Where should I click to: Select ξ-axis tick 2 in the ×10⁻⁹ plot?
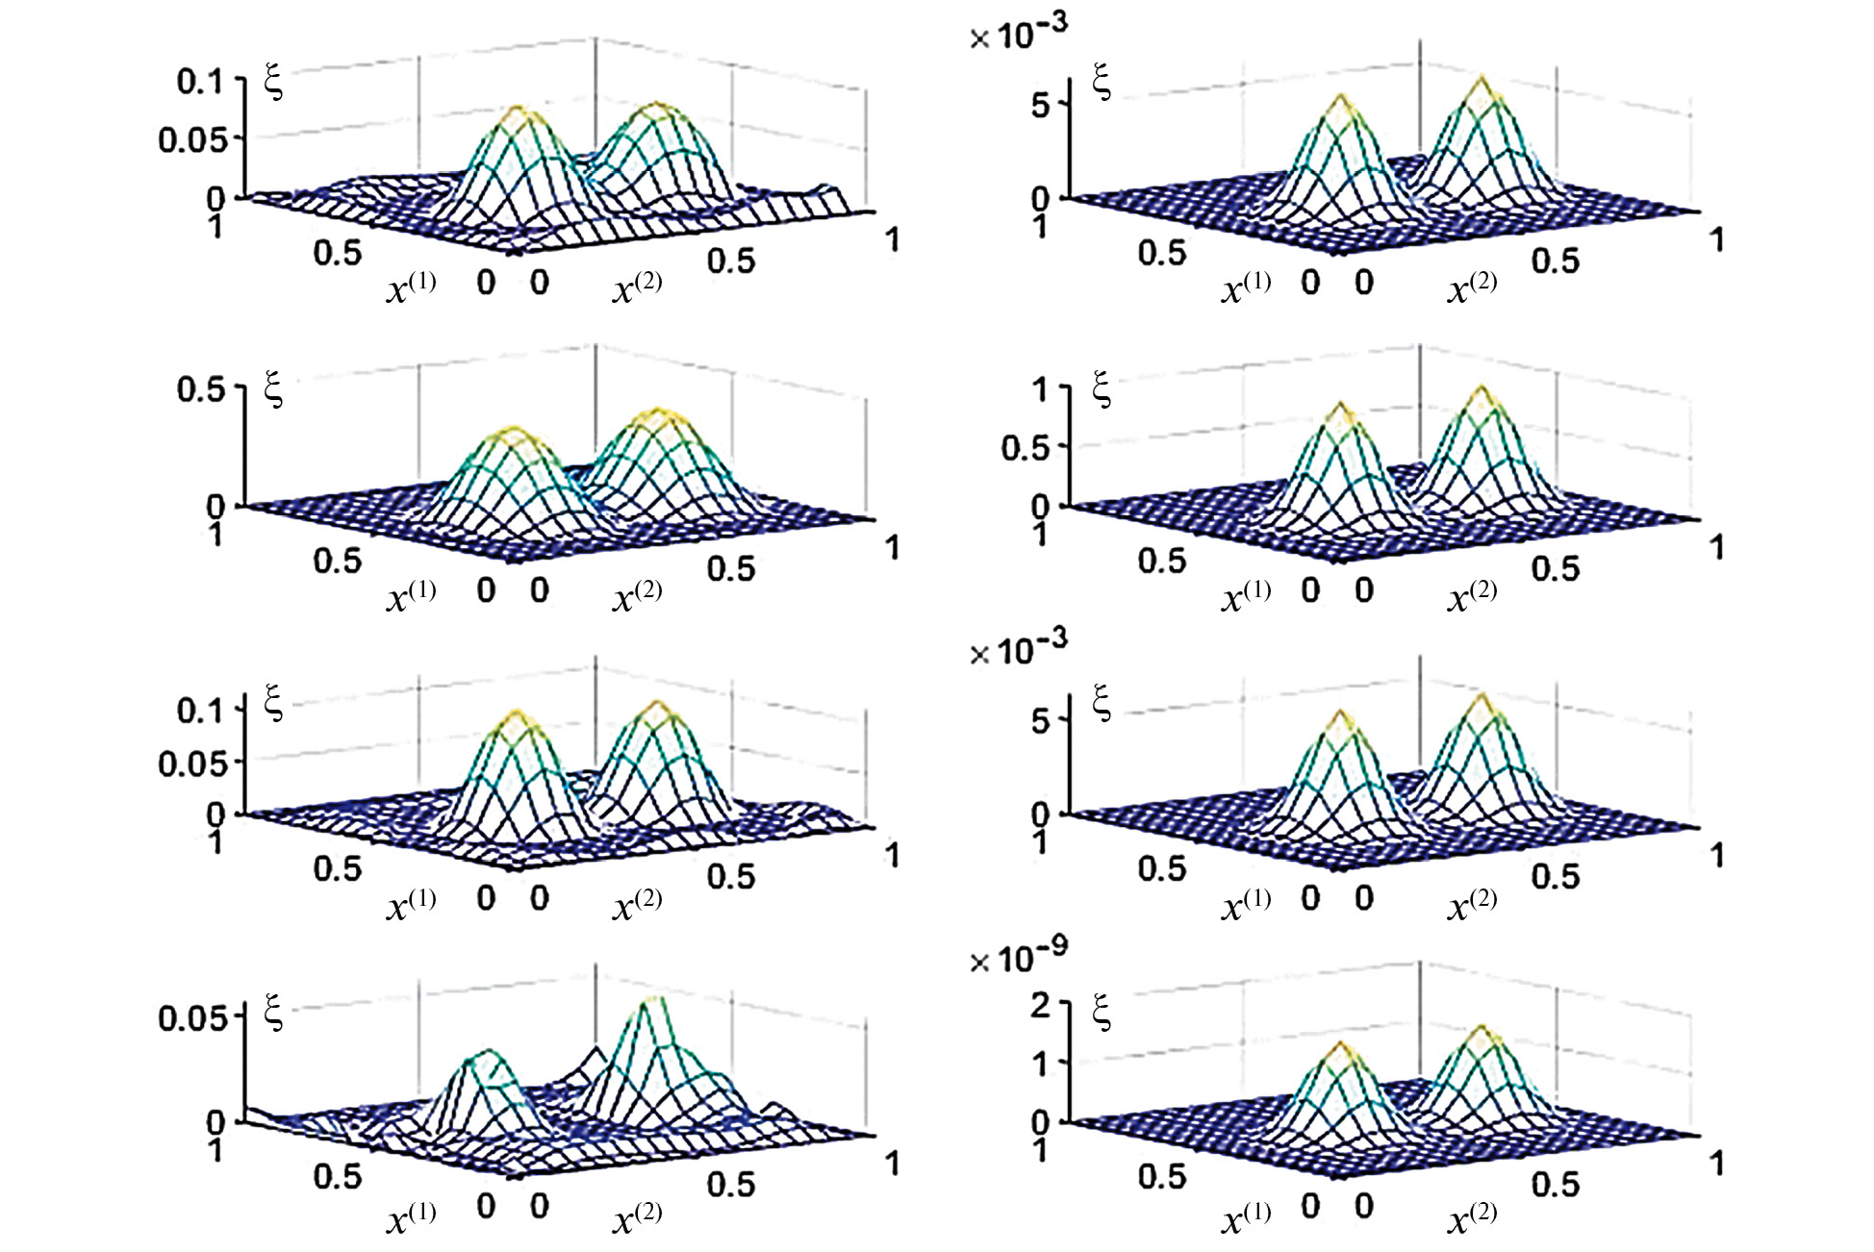[x=1041, y=1005]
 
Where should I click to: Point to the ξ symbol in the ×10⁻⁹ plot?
[x=1102, y=1013]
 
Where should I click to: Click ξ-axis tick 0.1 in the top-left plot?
[x=199, y=81]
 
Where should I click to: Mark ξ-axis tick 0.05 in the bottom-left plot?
[x=192, y=1017]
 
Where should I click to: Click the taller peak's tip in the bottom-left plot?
[x=653, y=1000]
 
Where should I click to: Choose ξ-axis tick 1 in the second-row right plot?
[x=1041, y=389]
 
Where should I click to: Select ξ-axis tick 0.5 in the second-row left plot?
[x=199, y=389]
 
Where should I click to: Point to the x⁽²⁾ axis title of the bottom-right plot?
[x=1472, y=1217]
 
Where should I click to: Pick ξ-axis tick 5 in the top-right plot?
[x=1041, y=104]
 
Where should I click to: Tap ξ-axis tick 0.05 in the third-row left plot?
[x=192, y=764]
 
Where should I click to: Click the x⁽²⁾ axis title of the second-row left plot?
[x=637, y=595]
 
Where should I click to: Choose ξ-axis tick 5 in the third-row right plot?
[x=1041, y=720]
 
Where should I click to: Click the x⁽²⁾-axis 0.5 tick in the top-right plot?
[x=1556, y=261]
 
